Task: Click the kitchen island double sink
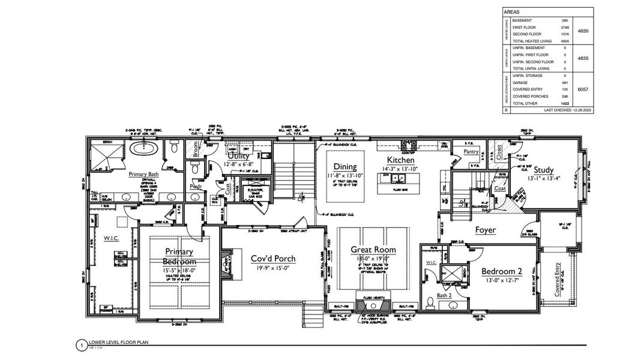click(x=395, y=178)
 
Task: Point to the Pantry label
click(x=471, y=152)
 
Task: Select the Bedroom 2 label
click(x=502, y=271)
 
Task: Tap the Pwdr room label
click(x=196, y=187)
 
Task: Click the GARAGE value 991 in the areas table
click(x=564, y=82)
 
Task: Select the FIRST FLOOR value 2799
click(x=564, y=28)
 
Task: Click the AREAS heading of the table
click(x=513, y=11)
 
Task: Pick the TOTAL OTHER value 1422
click(x=564, y=103)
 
